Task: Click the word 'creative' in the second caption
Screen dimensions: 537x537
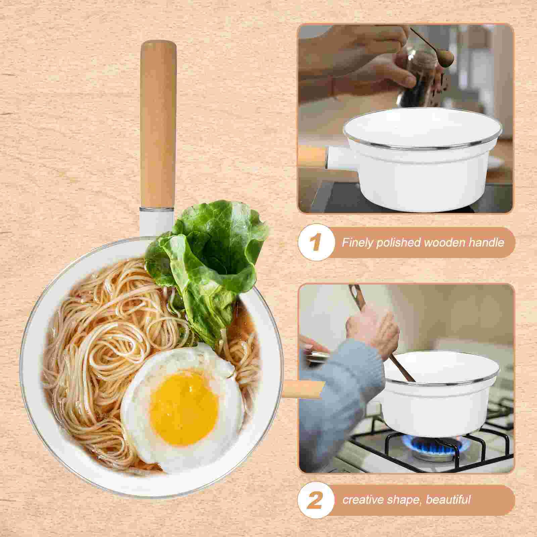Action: point(363,499)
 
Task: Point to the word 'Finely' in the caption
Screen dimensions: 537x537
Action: point(357,242)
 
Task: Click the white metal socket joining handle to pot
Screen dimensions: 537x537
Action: point(156,222)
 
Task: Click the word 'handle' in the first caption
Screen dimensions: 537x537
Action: point(487,242)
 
